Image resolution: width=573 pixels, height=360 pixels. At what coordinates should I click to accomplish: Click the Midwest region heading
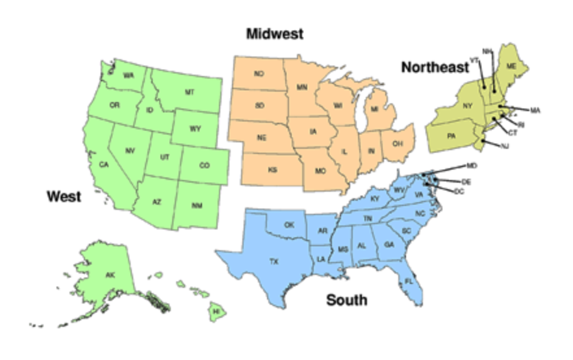pos(274,34)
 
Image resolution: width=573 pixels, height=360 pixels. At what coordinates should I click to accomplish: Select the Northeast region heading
pos(435,67)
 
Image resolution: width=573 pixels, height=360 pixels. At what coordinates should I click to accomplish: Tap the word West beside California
pos(64,196)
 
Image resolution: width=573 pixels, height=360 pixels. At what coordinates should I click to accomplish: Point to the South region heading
pos(346,300)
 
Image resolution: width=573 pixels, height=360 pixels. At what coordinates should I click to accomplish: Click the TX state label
pos(274,261)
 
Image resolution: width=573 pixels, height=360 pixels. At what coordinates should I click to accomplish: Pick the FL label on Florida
pos(409,281)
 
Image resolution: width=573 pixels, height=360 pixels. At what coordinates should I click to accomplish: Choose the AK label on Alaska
pos(110,275)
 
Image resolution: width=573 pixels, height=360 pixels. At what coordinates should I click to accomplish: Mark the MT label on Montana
pos(189,92)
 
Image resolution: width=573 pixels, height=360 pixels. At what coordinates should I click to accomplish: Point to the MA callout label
pos(535,110)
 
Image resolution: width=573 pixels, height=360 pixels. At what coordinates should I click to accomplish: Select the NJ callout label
pos(505,145)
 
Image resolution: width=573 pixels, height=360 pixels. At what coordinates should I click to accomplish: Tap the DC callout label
pos(459,192)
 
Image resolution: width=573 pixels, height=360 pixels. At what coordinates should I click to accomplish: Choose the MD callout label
pos(472,166)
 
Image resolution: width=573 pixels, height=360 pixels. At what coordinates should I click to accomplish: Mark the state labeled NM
pos(197,205)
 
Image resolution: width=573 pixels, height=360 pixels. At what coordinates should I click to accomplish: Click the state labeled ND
pos(259,74)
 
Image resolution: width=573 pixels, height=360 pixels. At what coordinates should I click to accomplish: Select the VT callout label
pos(474,60)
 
